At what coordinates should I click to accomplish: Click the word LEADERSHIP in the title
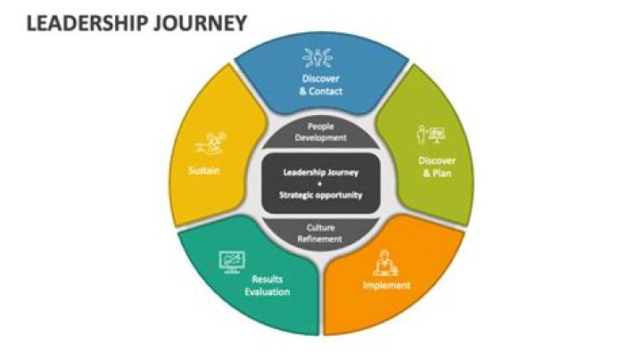(x=86, y=23)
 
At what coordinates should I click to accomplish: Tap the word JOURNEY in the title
(x=201, y=23)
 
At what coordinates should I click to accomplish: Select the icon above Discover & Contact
(x=317, y=58)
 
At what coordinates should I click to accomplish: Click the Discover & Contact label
(x=321, y=85)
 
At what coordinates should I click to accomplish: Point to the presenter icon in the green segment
(x=431, y=135)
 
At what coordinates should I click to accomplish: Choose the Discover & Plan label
(x=437, y=167)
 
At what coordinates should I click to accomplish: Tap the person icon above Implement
(x=385, y=263)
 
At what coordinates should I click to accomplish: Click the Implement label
(x=386, y=285)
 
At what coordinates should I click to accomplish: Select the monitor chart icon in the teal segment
(x=232, y=262)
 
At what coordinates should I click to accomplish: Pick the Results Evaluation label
(x=267, y=285)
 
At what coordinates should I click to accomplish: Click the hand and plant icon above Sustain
(x=210, y=143)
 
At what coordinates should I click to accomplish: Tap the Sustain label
(x=204, y=170)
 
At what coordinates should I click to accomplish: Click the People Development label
(x=321, y=132)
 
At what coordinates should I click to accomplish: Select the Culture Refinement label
(x=320, y=233)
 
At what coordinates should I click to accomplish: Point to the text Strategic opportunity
(x=321, y=195)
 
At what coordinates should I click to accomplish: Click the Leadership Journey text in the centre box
(x=321, y=172)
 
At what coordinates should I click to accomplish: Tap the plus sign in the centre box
(x=320, y=184)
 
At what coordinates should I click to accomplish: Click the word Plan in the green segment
(x=441, y=173)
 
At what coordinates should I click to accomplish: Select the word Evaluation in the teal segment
(x=267, y=291)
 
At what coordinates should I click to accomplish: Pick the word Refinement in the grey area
(x=320, y=239)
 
